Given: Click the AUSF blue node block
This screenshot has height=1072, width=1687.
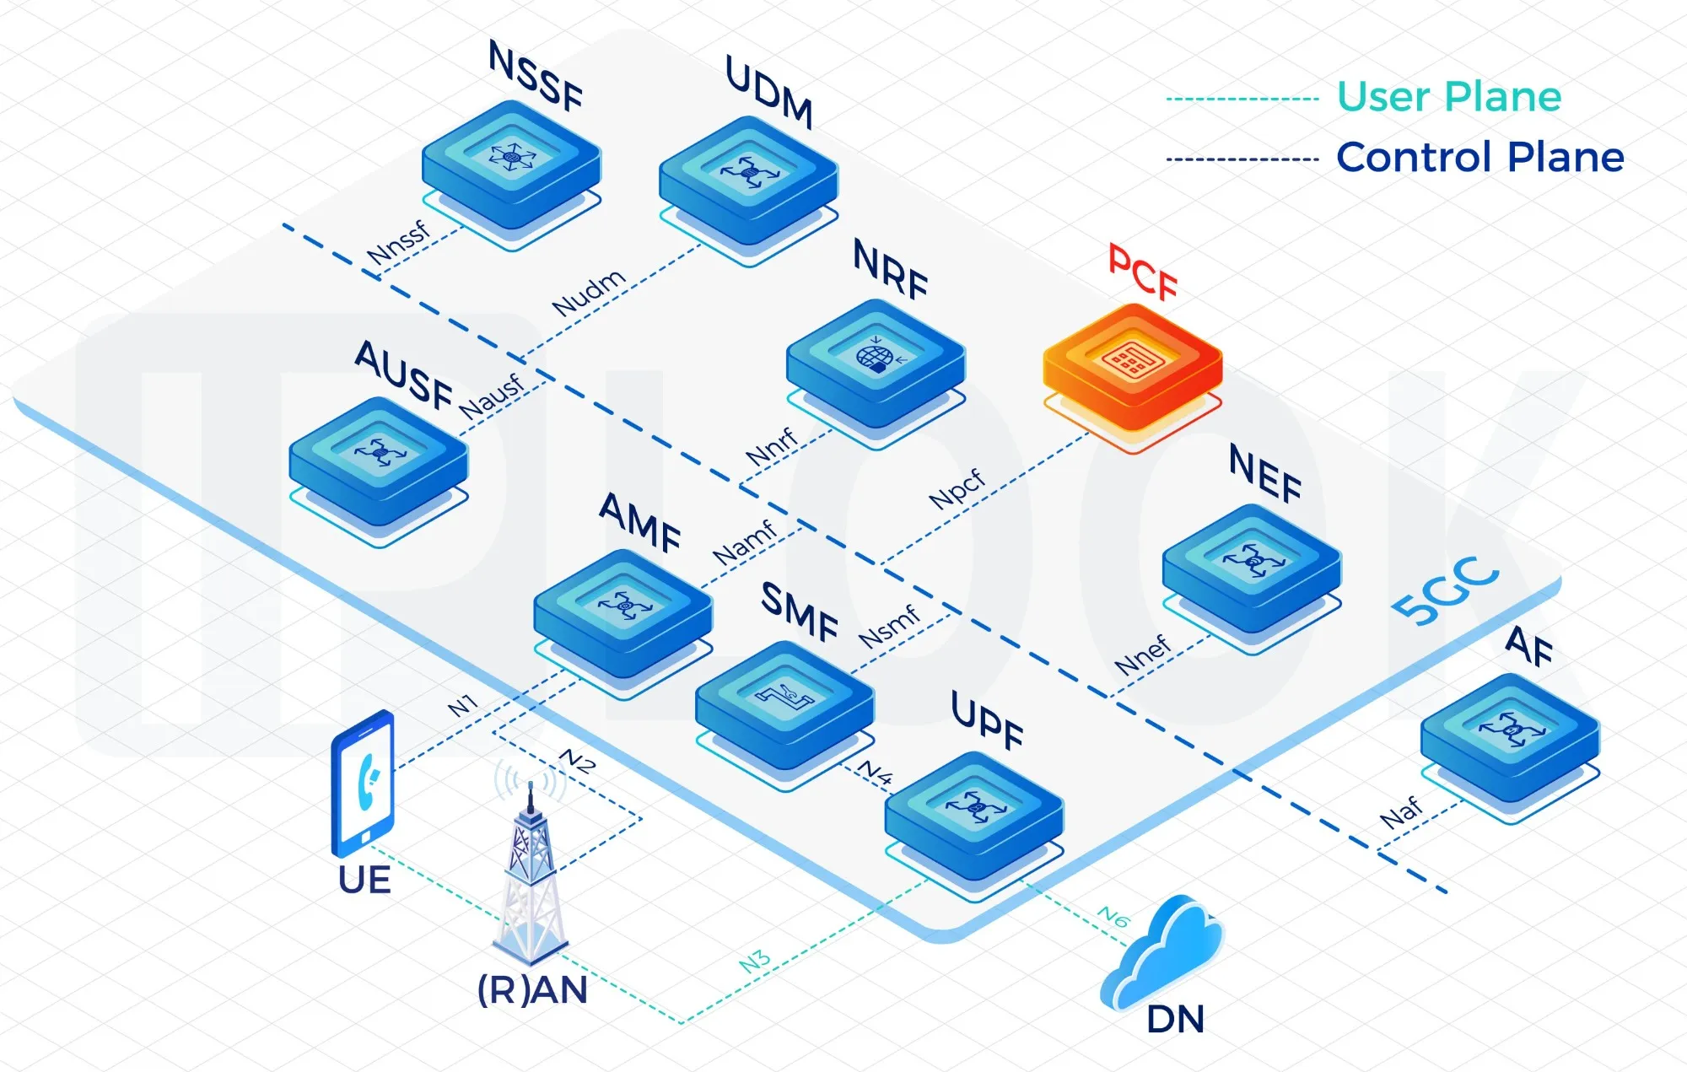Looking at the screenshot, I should point(378,461).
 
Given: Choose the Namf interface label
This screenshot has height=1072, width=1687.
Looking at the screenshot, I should point(744,542).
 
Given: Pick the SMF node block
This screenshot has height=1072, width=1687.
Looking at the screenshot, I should point(784,703).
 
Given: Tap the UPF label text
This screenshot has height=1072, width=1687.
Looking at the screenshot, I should point(987,721).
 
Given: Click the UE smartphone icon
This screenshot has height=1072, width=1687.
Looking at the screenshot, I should point(364,784).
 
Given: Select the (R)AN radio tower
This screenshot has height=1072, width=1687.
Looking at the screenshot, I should point(530,877).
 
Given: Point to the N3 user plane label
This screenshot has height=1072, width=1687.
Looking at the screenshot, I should point(755,962).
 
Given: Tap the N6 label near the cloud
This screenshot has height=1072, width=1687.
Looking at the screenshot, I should point(1113,917).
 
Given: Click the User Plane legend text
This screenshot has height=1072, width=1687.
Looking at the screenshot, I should point(1448,97).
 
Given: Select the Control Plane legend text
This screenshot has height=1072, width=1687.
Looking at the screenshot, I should point(1479,158).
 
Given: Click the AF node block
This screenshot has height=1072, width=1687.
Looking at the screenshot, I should point(1510,736).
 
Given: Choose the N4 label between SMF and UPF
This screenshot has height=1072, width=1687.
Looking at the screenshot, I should point(875,772).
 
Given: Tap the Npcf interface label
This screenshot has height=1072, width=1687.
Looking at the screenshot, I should point(957,488).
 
